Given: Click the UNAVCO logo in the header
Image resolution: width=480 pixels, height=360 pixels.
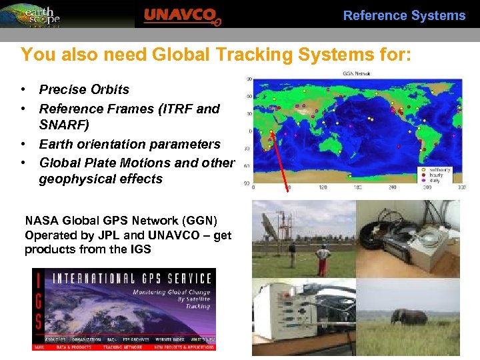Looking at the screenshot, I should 181,15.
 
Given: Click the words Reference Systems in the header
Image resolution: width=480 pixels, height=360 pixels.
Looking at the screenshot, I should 404,15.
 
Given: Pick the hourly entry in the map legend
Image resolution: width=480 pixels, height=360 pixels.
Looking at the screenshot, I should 436,175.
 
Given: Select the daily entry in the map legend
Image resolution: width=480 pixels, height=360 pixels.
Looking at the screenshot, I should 435,180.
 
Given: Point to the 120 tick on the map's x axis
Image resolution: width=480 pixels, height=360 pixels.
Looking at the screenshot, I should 323,188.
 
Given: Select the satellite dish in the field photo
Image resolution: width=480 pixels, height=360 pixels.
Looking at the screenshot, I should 274,230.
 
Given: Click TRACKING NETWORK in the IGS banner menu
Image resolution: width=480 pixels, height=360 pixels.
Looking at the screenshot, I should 121,347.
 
